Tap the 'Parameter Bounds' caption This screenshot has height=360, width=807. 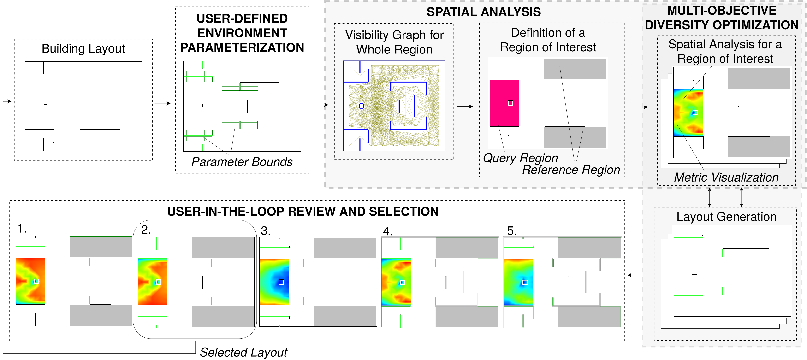pos(242,162)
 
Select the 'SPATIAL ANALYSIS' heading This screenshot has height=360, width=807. pos(483,12)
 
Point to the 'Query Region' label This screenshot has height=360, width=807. pos(520,158)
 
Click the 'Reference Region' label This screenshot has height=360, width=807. pos(571,170)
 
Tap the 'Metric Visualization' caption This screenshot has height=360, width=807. pos(726,177)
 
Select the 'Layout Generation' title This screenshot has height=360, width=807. pos(726,217)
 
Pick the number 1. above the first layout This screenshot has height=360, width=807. pos(22,229)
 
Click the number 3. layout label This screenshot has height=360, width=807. pos(265,231)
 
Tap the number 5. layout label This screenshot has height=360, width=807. pos(512,231)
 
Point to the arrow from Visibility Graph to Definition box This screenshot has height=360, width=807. pos(465,106)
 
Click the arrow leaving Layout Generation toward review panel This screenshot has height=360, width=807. pos(635,275)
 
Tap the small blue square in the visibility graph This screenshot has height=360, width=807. pos(361,106)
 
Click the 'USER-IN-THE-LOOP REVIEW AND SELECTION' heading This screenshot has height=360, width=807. pos(303,212)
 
